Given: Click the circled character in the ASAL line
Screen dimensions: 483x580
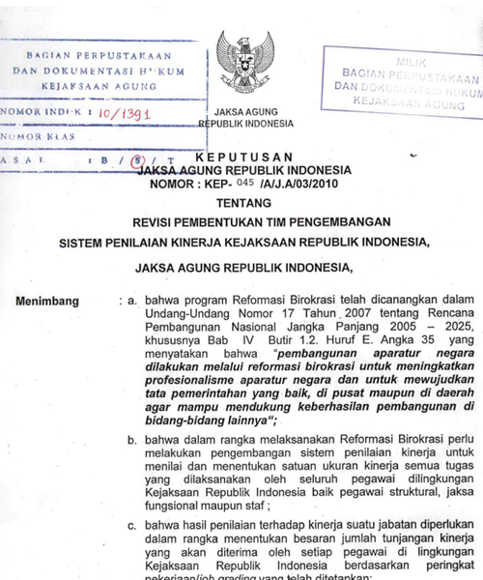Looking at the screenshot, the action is (142, 159).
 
